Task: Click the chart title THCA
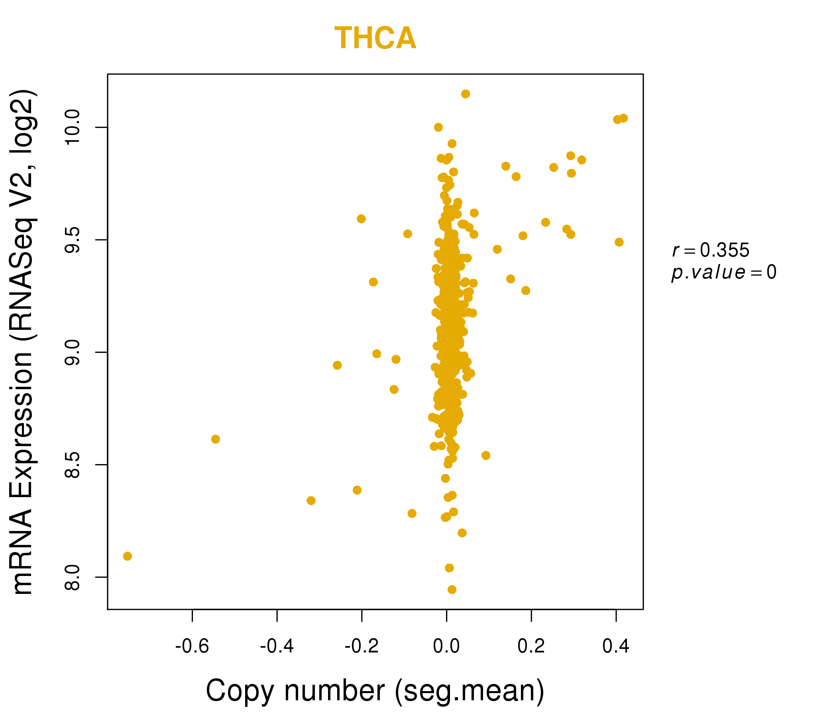tap(375, 38)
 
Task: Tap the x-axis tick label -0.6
tap(192, 646)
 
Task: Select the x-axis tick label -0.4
tap(277, 646)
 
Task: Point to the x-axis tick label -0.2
tap(362, 646)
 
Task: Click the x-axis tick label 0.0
tap(446, 646)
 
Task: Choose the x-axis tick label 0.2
tap(531, 646)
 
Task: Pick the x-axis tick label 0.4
tap(616, 646)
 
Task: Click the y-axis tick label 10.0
tap(73, 127)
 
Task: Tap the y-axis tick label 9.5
tap(73, 240)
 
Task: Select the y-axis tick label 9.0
tap(73, 353)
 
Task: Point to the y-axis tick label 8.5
tap(73, 465)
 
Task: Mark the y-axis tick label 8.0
tap(73, 577)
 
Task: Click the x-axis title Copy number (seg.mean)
tap(375, 691)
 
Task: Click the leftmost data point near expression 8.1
tap(127, 556)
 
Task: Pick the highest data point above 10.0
tap(466, 94)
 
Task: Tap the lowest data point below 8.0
tap(452, 590)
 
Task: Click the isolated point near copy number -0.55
tap(216, 439)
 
